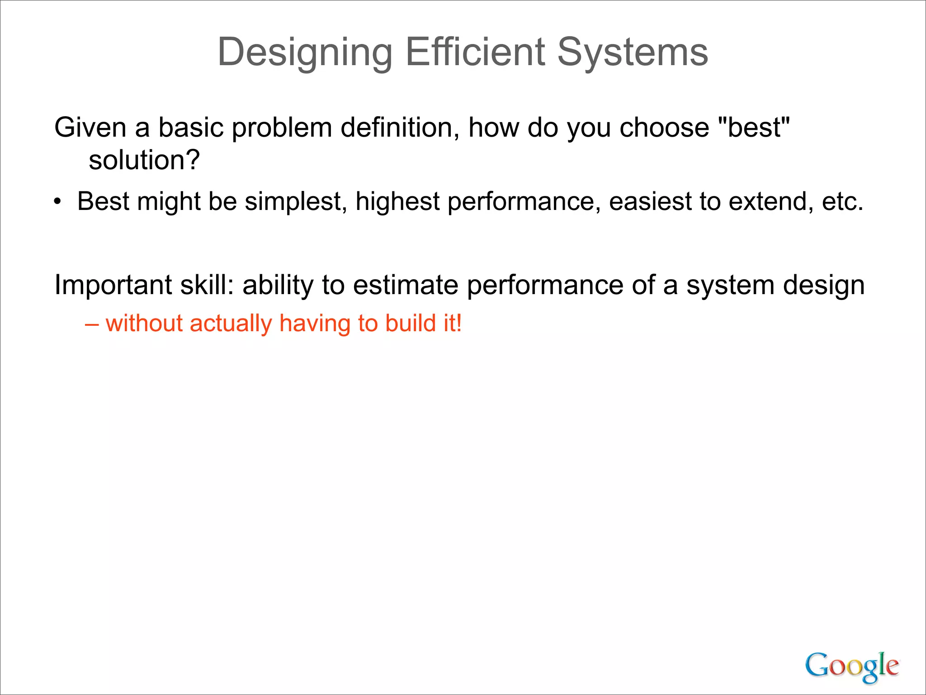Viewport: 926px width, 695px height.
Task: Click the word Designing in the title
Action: [x=305, y=53]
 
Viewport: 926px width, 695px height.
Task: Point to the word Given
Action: [x=90, y=128]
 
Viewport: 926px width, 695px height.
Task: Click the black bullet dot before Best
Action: [x=57, y=202]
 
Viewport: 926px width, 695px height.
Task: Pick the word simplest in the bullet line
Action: [x=296, y=202]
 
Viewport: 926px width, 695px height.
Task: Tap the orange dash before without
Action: [x=92, y=324]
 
